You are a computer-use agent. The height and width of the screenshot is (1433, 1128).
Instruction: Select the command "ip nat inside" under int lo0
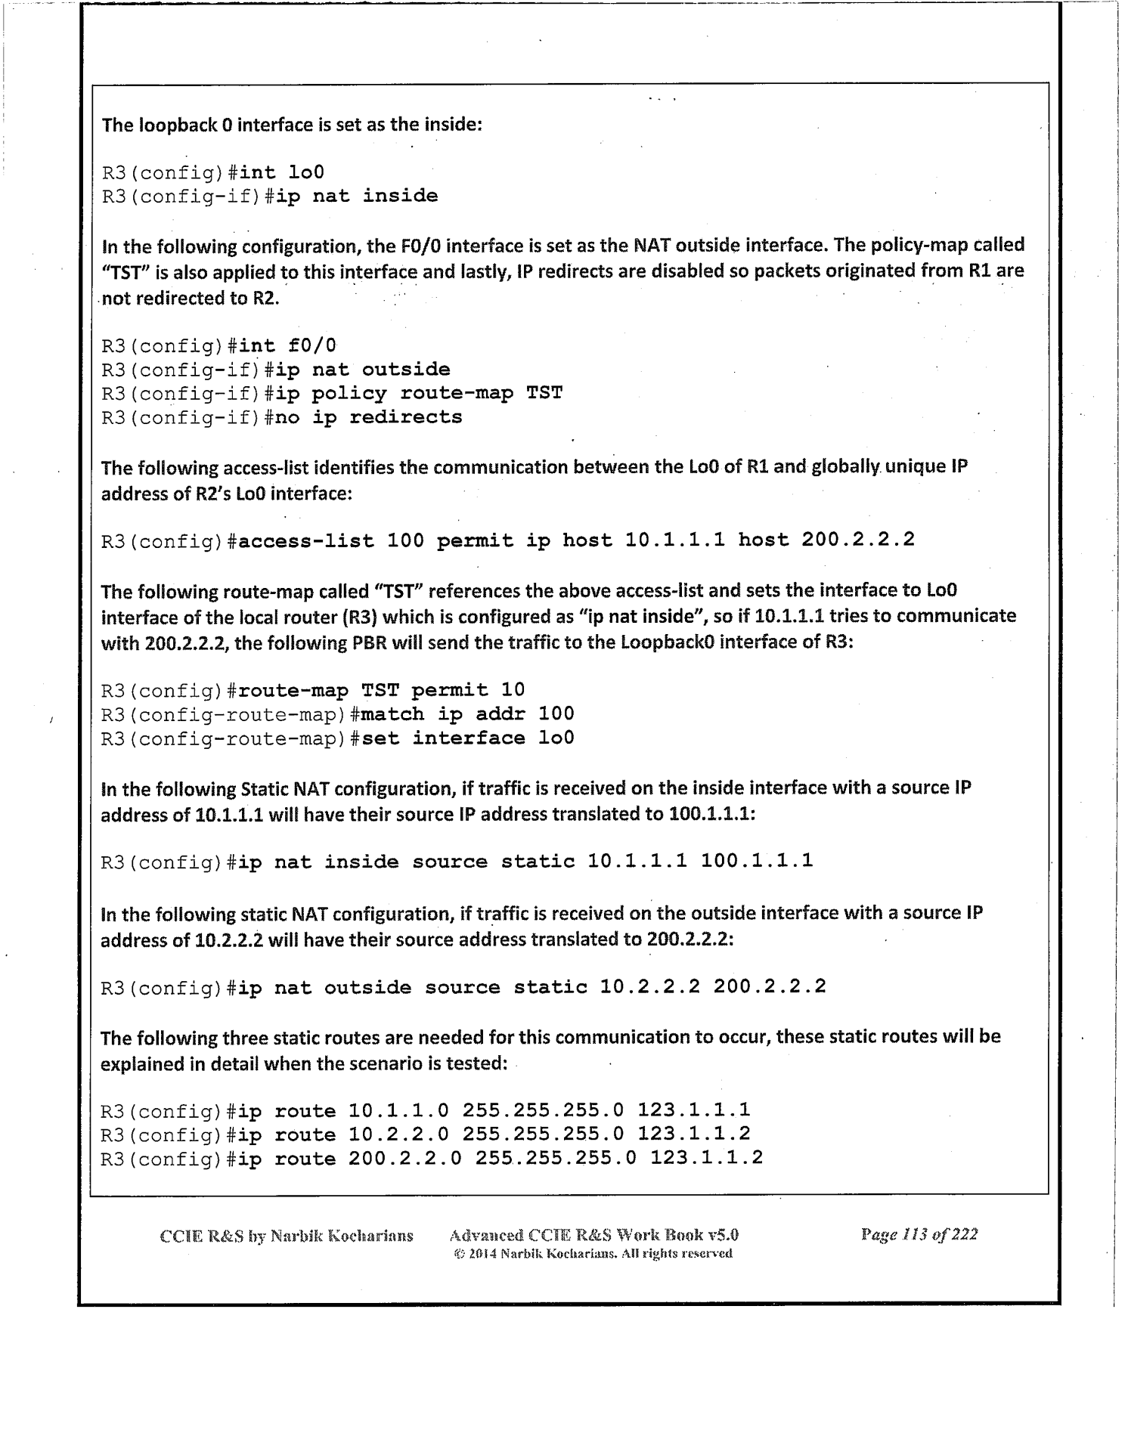(x=356, y=197)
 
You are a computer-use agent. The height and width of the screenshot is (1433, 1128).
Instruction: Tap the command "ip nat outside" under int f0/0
(x=362, y=370)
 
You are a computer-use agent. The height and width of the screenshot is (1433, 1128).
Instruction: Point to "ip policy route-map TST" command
(x=418, y=394)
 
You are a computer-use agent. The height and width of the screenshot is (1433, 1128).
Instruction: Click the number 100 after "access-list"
(x=405, y=540)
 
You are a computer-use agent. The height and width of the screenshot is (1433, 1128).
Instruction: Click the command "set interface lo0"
(x=468, y=738)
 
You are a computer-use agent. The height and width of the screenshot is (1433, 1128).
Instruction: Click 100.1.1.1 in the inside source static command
(x=756, y=861)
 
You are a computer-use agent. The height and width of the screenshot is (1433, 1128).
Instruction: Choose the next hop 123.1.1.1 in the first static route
(x=693, y=1110)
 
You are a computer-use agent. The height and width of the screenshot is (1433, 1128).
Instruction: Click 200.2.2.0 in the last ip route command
(x=404, y=1158)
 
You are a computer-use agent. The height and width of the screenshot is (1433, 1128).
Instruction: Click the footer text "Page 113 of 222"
(x=919, y=1234)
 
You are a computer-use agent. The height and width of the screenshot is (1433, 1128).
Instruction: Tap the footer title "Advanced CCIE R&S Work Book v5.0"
(x=593, y=1235)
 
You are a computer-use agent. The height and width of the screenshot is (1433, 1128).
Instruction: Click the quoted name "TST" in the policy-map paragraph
(x=121, y=272)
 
